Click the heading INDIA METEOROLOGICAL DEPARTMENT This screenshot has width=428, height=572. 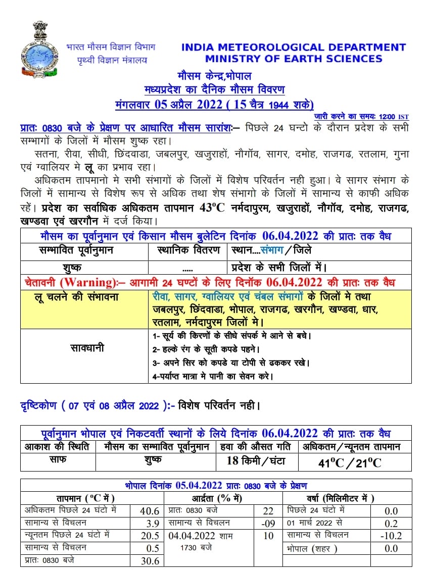[x=293, y=47]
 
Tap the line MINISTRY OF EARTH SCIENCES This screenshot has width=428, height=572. [x=293, y=59]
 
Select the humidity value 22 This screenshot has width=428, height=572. [x=268, y=511]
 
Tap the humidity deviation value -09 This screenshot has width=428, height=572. [x=268, y=523]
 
